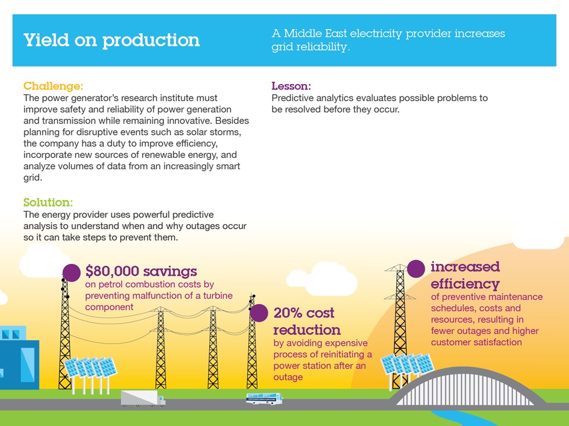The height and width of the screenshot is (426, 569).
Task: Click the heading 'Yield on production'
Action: (x=112, y=40)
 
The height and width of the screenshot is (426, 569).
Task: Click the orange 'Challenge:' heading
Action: (x=53, y=86)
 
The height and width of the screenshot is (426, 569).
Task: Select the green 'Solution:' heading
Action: (x=48, y=202)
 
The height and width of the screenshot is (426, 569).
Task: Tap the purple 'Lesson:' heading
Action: (x=291, y=86)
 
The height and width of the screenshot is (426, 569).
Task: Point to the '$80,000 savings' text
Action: (x=141, y=271)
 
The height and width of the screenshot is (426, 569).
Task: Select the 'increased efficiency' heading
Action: (x=465, y=275)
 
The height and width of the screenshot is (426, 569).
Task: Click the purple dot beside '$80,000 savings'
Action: (x=72, y=273)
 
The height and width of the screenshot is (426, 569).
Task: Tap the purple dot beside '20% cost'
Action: (x=259, y=312)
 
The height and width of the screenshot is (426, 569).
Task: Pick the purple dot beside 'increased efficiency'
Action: (x=416, y=269)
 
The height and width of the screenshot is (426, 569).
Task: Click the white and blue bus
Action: (x=264, y=398)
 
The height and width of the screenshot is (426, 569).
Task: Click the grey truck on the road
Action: (x=143, y=398)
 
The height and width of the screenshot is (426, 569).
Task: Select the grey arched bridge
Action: (x=466, y=388)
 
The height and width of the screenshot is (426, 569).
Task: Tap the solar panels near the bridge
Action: (x=407, y=364)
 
